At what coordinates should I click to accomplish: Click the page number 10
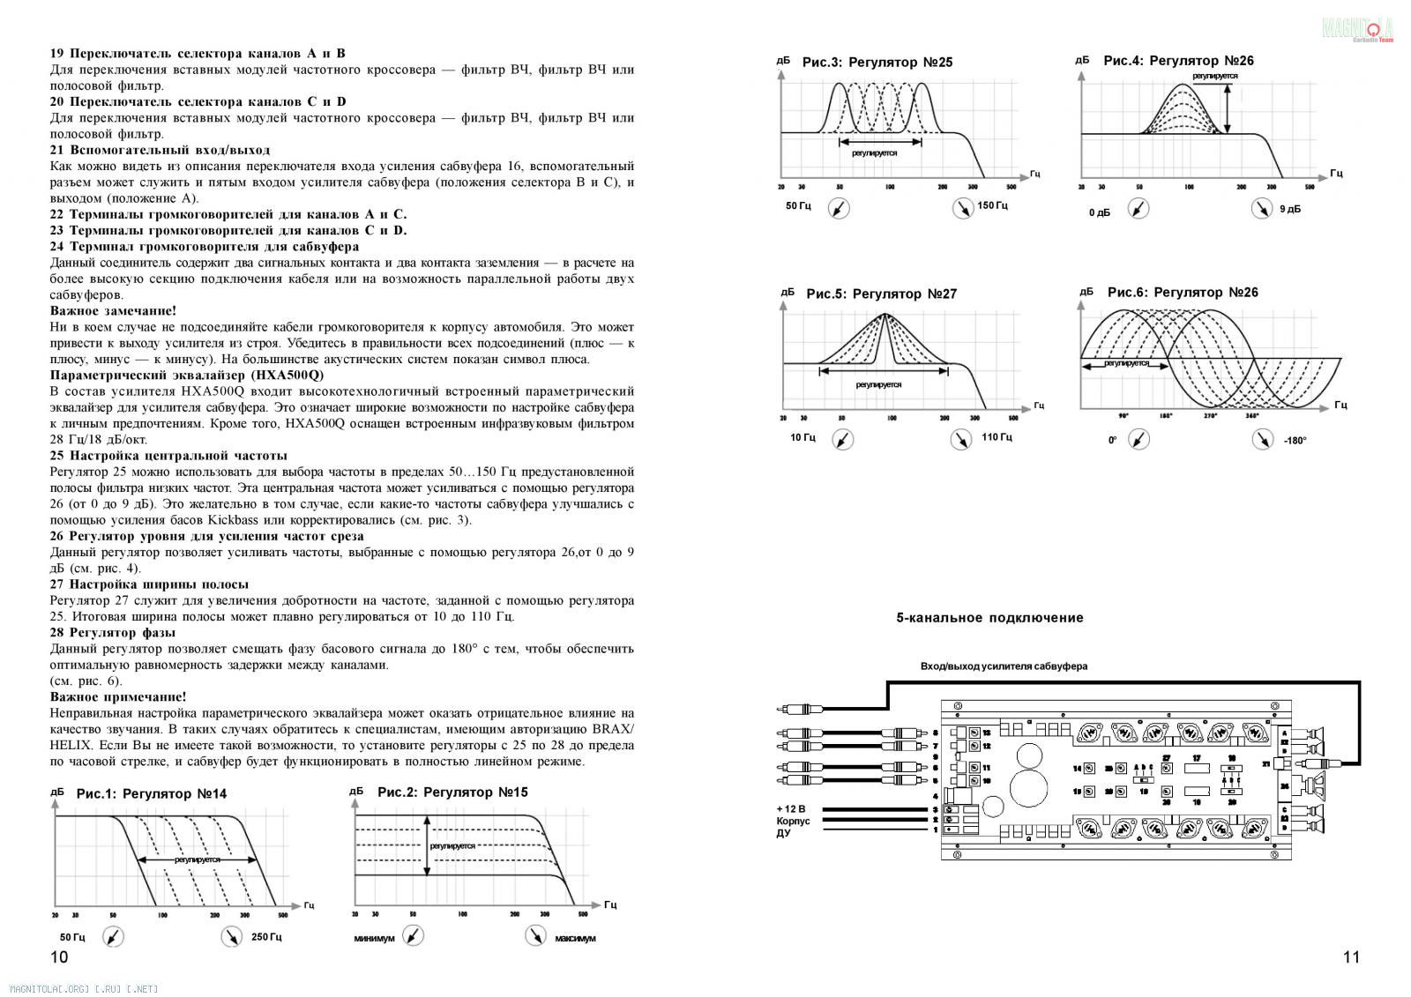(x=59, y=957)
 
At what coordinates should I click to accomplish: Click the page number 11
(x=1351, y=957)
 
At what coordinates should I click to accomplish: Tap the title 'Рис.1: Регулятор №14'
(x=151, y=793)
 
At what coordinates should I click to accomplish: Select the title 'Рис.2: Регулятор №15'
(x=452, y=792)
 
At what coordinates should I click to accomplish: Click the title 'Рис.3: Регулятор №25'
(x=877, y=63)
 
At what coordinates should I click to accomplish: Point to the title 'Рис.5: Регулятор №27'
(x=881, y=294)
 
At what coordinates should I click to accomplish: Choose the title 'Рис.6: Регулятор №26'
(x=1183, y=292)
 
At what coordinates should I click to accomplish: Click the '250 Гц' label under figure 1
(x=266, y=937)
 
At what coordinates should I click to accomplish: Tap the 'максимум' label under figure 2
(x=575, y=938)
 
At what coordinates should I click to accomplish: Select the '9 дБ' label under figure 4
(x=1289, y=209)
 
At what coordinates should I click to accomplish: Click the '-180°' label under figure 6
(x=1295, y=440)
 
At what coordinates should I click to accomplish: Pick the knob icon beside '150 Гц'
(x=962, y=208)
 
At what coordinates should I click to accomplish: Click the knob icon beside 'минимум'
(x=412, y=936)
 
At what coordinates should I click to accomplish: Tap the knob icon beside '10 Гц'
(x=844, y=439)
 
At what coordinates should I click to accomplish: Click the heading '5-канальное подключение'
(x=989, y=618)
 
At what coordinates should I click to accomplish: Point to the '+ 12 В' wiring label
(x=791, y=809)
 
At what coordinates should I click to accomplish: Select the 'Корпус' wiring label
(x=792, y=821)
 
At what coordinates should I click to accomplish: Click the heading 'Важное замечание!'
(x=113, y=310)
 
